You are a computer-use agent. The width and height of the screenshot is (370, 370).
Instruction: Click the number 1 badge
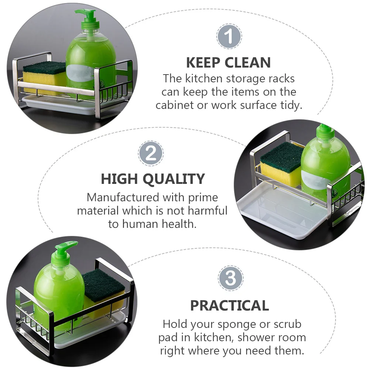coord(229,37)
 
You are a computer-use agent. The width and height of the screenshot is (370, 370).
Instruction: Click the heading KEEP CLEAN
coord(228,63)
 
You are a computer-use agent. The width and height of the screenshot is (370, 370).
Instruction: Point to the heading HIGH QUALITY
coord(153,179)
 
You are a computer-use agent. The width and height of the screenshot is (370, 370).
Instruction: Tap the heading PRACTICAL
coord(229,306)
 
